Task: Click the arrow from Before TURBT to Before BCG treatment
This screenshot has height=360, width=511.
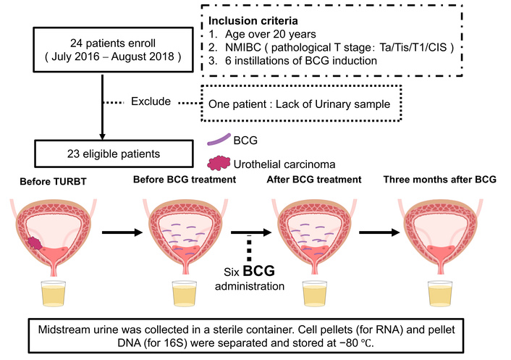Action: [x=119, y=233]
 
